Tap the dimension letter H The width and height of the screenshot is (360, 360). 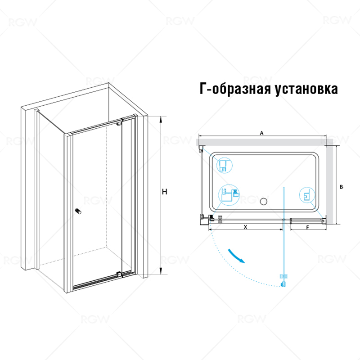165,192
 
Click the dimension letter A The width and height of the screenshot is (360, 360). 261,133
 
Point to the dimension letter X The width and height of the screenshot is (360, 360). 245,227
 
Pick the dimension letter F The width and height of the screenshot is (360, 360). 307,227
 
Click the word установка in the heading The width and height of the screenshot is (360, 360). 304,89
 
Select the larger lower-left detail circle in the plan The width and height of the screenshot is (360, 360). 228,196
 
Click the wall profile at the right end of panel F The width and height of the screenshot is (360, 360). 324,220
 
